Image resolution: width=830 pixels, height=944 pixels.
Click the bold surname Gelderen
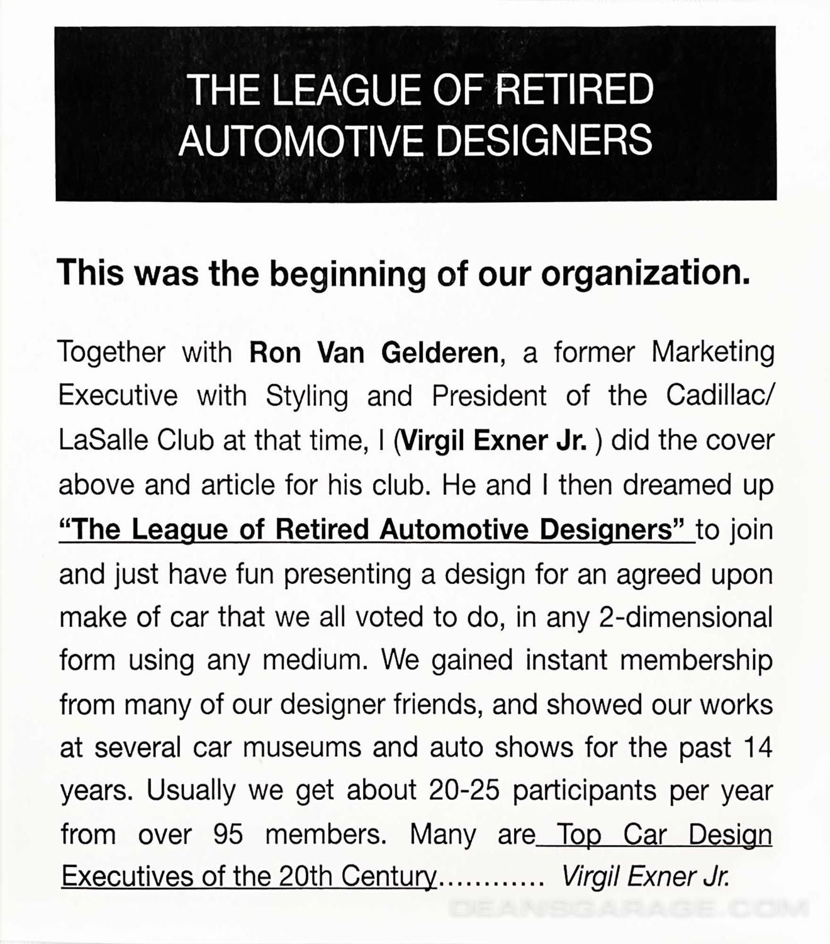[x=440, y=352]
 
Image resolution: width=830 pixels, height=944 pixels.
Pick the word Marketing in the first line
[x=712, y=352]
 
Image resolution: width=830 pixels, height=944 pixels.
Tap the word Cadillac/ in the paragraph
[x=720, y=396]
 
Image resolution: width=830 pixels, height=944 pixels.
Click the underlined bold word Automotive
[x=454, y=529]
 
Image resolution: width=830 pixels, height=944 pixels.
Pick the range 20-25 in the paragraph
[x=464, y=791]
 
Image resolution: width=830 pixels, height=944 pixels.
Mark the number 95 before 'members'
[x=227, y=834]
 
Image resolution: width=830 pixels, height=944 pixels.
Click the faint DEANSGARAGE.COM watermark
[x=629, y=908]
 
